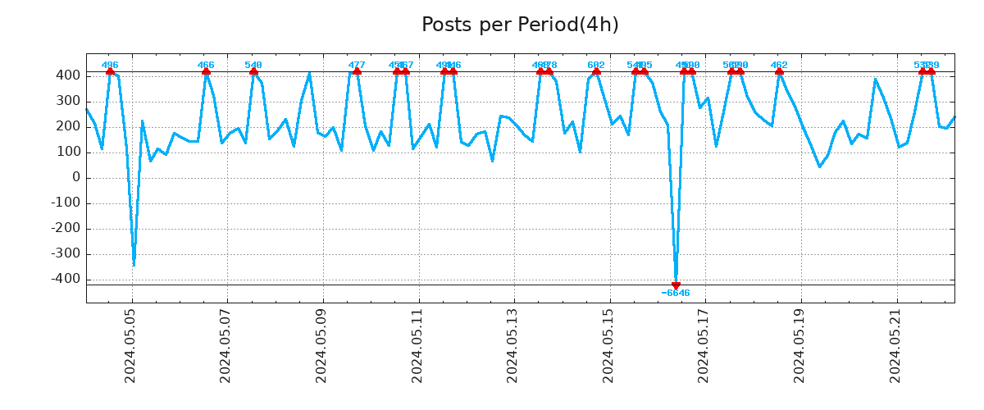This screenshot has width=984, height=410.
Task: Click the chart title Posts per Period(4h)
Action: (520, 25)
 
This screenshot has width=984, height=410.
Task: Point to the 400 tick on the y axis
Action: (69, 75)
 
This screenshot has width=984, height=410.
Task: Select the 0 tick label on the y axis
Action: (76, 178)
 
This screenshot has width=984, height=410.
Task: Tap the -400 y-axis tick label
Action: (65, 280)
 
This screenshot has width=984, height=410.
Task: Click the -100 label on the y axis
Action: (65, 203)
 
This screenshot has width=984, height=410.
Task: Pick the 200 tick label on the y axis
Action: (69, 127)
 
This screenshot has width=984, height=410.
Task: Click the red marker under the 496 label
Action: (110, 72)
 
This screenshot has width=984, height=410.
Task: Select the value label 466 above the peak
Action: (206, 66)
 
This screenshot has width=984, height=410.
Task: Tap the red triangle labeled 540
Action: (253, 72)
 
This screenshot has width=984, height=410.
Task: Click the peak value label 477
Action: (357, 66)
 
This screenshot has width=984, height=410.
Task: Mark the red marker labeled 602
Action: (596, 72)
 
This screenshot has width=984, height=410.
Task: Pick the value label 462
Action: (779, 66)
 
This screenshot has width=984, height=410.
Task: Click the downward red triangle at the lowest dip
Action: (676, 285)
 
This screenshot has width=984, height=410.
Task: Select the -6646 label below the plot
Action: (676, 294)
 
